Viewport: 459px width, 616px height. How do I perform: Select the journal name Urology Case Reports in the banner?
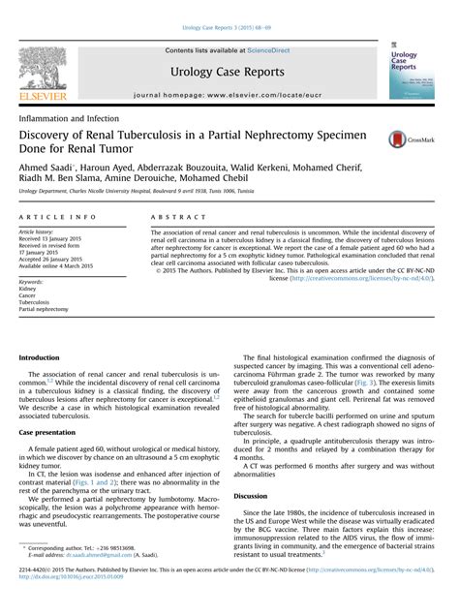[x=228, y=72]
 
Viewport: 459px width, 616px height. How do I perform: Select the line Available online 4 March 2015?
[x=60, y=265]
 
